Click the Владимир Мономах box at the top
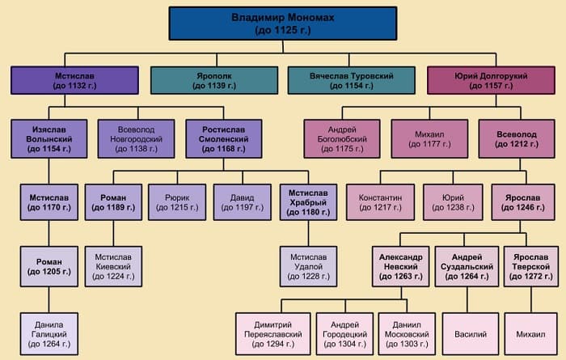click(282, 23)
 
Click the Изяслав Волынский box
click(48, 138)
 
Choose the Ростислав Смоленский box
click(222, 138)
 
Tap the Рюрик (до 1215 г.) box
click(176, 202)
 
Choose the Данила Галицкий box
click(48, 332)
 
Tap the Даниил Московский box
click(403, 332)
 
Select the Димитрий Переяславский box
click(271, 332)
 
